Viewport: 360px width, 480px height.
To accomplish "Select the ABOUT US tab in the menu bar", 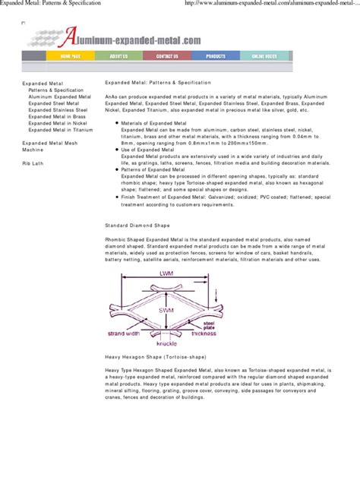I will (118, 56).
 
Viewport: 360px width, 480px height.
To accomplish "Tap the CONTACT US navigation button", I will (167, 56).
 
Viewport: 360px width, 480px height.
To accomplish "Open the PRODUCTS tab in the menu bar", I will (216, 56).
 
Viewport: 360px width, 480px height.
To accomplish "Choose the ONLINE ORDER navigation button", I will (264, 56).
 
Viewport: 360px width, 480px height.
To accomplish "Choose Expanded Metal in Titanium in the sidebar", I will (61, 130).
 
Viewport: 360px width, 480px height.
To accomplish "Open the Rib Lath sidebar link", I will (33, 163).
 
